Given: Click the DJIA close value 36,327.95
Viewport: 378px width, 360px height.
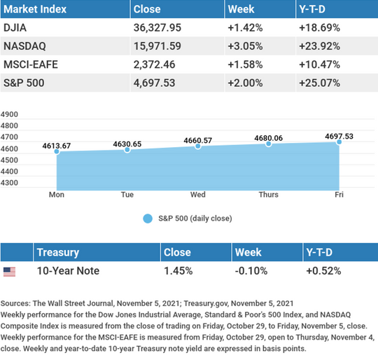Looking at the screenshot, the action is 157,28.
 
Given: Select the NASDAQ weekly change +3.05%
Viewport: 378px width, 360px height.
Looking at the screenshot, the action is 245,46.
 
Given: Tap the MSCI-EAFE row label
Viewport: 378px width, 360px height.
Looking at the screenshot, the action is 31,64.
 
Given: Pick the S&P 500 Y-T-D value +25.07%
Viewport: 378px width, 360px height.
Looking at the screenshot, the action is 319,83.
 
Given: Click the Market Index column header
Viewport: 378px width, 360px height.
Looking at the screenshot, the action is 35,9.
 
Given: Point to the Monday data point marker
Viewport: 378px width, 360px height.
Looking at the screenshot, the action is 57,151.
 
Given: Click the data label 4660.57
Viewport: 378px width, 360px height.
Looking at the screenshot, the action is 197,140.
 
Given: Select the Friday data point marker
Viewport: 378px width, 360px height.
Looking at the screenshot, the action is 339,142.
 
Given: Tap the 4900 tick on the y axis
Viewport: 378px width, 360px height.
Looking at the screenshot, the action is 9,114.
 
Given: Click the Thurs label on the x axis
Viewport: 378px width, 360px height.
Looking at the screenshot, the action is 269,195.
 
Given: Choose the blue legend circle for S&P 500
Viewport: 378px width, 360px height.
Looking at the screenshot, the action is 148,219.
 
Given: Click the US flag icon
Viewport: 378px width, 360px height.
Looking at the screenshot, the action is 9,272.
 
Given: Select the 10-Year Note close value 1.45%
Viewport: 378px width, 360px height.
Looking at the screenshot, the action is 178,271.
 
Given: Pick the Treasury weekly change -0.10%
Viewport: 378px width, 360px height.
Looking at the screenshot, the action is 251,271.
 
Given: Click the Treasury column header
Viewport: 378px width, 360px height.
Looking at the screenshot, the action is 58,252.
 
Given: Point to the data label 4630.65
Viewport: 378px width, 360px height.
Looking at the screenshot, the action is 127,144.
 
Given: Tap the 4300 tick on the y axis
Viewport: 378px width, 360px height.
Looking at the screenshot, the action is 9,183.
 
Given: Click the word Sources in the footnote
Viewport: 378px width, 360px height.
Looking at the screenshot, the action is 15,303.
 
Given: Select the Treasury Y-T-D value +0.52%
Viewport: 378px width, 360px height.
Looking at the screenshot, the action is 323,271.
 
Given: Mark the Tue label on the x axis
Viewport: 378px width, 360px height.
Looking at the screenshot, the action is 127,195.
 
